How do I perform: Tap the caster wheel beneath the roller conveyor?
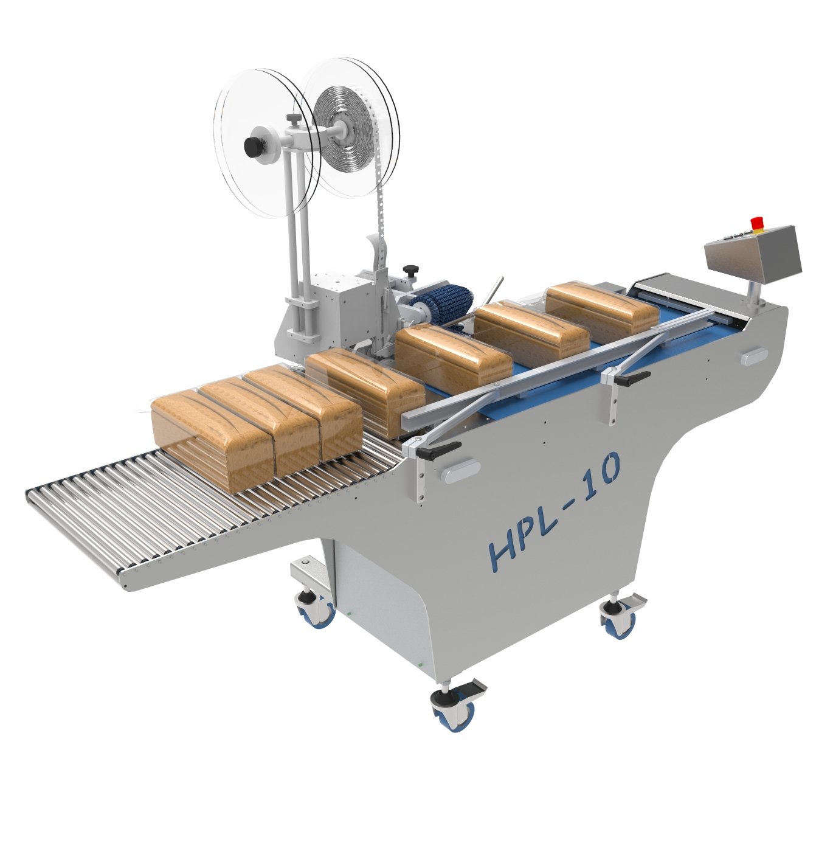317,611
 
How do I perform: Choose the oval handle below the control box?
755,356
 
